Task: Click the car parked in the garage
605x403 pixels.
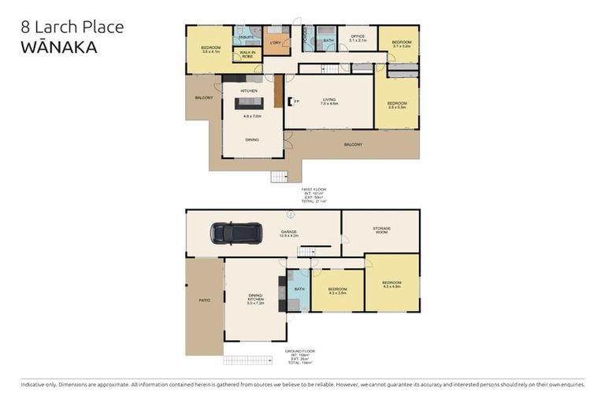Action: coord(236,233)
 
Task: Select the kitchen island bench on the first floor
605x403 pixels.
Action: coord(249,103)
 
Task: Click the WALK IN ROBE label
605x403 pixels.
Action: coord(248,54)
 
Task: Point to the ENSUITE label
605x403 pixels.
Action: coord(247,37)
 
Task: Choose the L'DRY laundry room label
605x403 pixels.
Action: coord(275,43)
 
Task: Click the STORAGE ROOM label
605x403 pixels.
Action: coord(381,230)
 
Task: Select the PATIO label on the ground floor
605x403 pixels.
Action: coord(204,300)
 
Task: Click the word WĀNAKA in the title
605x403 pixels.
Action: coord(59,47)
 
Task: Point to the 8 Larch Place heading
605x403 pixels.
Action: coord(72,27)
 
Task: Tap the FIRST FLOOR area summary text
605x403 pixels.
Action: coord(314,195)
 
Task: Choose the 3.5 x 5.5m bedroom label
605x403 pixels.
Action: coord(396,105)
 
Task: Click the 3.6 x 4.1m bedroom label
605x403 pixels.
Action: coord(210,50)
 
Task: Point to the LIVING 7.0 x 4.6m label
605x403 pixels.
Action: coord(328,102)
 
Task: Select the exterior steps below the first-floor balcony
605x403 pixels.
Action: coord(280,176)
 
